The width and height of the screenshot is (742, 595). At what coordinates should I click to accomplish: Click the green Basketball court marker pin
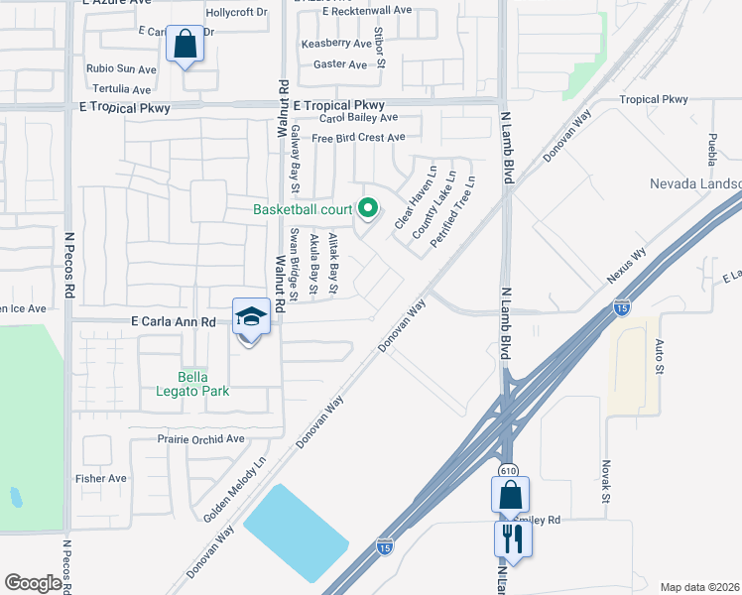(368, 208)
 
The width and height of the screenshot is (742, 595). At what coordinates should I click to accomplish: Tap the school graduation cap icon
(252, 317)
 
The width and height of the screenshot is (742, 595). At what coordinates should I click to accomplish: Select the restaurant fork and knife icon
(513, 538)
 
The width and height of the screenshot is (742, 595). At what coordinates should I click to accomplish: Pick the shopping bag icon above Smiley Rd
(510, 494)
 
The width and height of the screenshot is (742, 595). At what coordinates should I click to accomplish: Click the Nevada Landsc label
(694, 184)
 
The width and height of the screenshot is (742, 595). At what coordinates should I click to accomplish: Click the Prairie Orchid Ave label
(200, 438)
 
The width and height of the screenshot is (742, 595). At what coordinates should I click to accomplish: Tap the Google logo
(33, 583)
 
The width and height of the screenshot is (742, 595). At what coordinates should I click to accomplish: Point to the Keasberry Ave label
(335, 44)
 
